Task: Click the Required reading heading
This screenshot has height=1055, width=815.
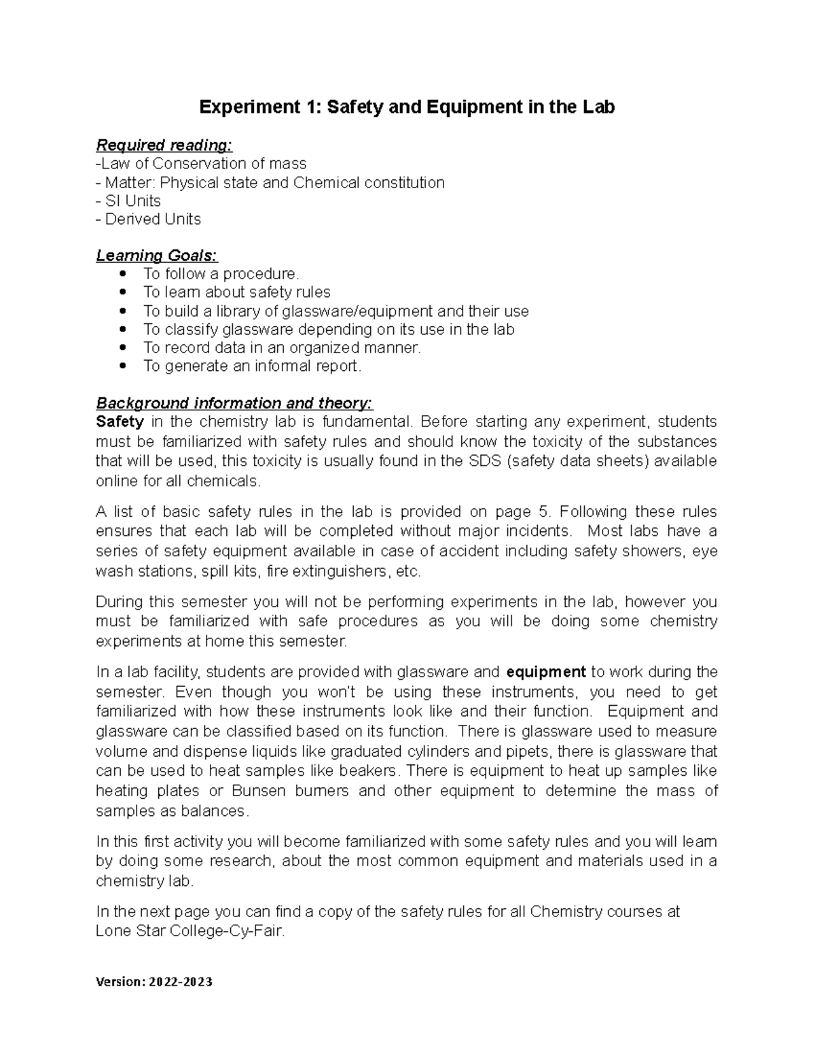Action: [x=164, y=145]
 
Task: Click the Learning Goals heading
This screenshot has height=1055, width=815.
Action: [x=156, y=256]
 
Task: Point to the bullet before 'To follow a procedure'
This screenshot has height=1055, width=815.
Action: [x=123, y=274]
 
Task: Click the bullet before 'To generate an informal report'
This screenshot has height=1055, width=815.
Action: [x=123, y=366]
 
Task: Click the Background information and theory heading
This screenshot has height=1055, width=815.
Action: [x=234, y=404]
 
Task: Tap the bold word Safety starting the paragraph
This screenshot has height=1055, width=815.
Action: [x=120, y=422]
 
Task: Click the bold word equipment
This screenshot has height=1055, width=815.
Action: [x=546, y=673]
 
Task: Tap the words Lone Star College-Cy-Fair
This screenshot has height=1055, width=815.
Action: [x=189, y=931]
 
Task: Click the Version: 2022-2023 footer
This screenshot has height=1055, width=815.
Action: [x=154, y=982]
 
